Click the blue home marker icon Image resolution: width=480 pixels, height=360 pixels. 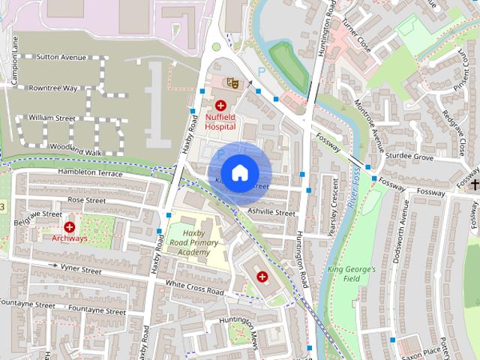pos(238,173)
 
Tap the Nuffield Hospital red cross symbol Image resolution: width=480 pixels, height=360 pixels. pos(220,106)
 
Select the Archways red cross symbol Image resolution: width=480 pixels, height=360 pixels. pos(70,226)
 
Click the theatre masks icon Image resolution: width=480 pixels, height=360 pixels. pos(232,83)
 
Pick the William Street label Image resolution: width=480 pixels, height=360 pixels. pos(52,118)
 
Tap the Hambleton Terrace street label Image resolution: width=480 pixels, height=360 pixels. pos(88,172)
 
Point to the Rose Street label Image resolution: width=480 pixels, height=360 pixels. pos(85,201)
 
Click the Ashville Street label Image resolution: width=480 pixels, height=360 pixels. pos(271,213)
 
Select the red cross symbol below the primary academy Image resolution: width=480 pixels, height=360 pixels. pos(262,277)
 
